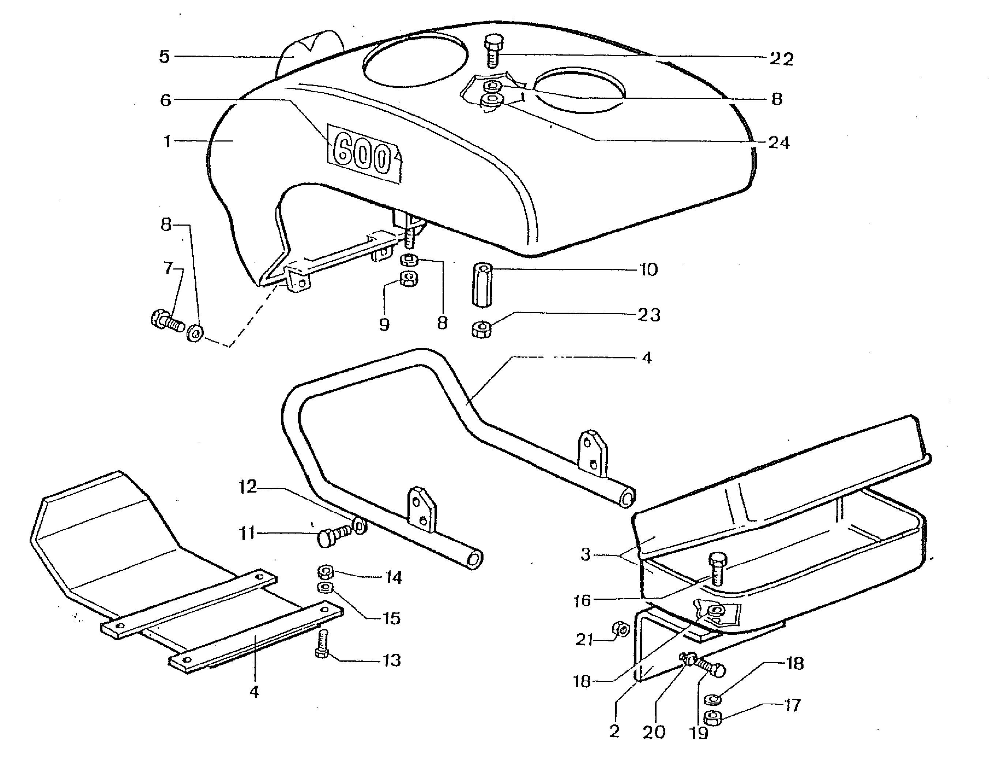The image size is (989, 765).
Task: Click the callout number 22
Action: pyautogui.click(x=781, y=59)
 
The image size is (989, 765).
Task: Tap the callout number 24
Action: pyautogui.click(x=779, y=143)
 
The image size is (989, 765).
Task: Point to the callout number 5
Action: pyautogui.click(x=164, y=57)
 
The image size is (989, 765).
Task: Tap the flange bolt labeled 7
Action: pyautogui.click(x=166, y=320)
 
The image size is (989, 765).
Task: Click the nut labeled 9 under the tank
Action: pyautogui.click(x=409, y=279)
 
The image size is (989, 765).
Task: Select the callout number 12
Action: pyautogui.click(x=247, y=487)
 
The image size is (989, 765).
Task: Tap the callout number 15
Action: pyautogui.click(x=392, y=618)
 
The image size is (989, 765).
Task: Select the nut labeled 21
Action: pyautogui.click(x=620, y=629)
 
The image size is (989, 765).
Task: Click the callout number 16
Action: pyautogui.click(x=582, y=601)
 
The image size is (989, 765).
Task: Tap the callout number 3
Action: pyautogui.click(x=586, y=554)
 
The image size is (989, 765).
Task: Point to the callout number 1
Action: pyautogui.click(x=167, y=142)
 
